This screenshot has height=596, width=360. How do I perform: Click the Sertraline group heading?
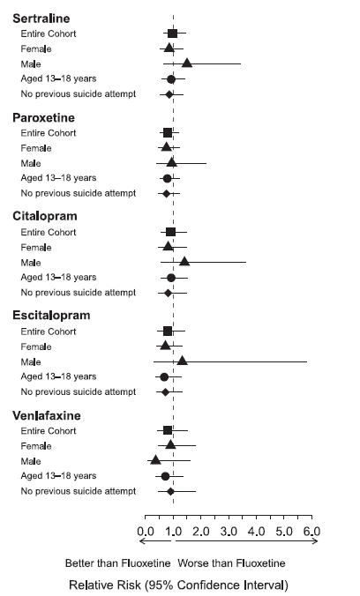tap(41, 19)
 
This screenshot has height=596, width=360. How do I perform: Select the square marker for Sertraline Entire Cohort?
tap(172, 34)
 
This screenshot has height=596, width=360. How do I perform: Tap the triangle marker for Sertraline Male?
tap(186, 63)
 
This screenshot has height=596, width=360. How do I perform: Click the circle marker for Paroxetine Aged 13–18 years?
tap(167, 178)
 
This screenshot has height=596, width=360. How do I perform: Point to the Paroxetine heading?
tap(43, 117)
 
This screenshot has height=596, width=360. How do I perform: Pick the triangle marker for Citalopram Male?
tap(184, 262)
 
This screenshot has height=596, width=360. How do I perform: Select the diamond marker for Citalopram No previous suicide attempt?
tap(168, 293)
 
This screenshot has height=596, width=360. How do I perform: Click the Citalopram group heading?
tap(45, 216)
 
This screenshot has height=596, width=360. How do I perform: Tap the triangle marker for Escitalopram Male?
tap(183, 361)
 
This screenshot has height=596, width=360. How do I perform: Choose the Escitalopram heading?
tap(51, 316)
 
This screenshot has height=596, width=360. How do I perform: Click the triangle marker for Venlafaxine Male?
tap(155, 460)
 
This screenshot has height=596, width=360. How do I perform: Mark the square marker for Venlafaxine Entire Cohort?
tap(168, 430)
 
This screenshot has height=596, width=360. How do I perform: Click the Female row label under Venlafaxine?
tap(36, 446)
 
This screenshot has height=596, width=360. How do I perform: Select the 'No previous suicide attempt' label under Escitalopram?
tap(78, 391)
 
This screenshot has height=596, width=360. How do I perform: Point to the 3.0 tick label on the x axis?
tap(229, 531)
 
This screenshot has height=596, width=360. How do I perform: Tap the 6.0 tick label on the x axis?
tap(311, 531)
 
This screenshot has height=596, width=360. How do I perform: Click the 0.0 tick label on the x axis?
tap(146, 531)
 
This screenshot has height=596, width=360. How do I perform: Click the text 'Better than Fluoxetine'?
tap(117, 563)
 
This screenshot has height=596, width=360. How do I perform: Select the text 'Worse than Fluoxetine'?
tap(231, 563)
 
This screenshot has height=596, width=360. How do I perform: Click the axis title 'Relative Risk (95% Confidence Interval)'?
tap(178, 585)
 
